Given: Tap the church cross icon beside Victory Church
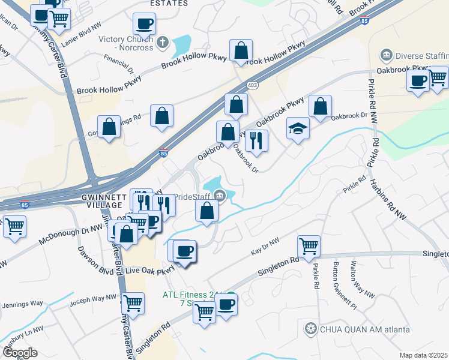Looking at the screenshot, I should click(163, 42).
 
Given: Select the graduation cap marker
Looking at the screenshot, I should click(298, 129).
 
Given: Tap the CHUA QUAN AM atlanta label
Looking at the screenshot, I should click(364, 329).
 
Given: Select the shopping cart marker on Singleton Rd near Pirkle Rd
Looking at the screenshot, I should click(309, 245).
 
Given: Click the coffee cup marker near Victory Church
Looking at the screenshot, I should click(145, 25).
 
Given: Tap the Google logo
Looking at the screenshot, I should click(19, 352).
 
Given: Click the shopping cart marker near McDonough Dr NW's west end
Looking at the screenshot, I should click(14, 227).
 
